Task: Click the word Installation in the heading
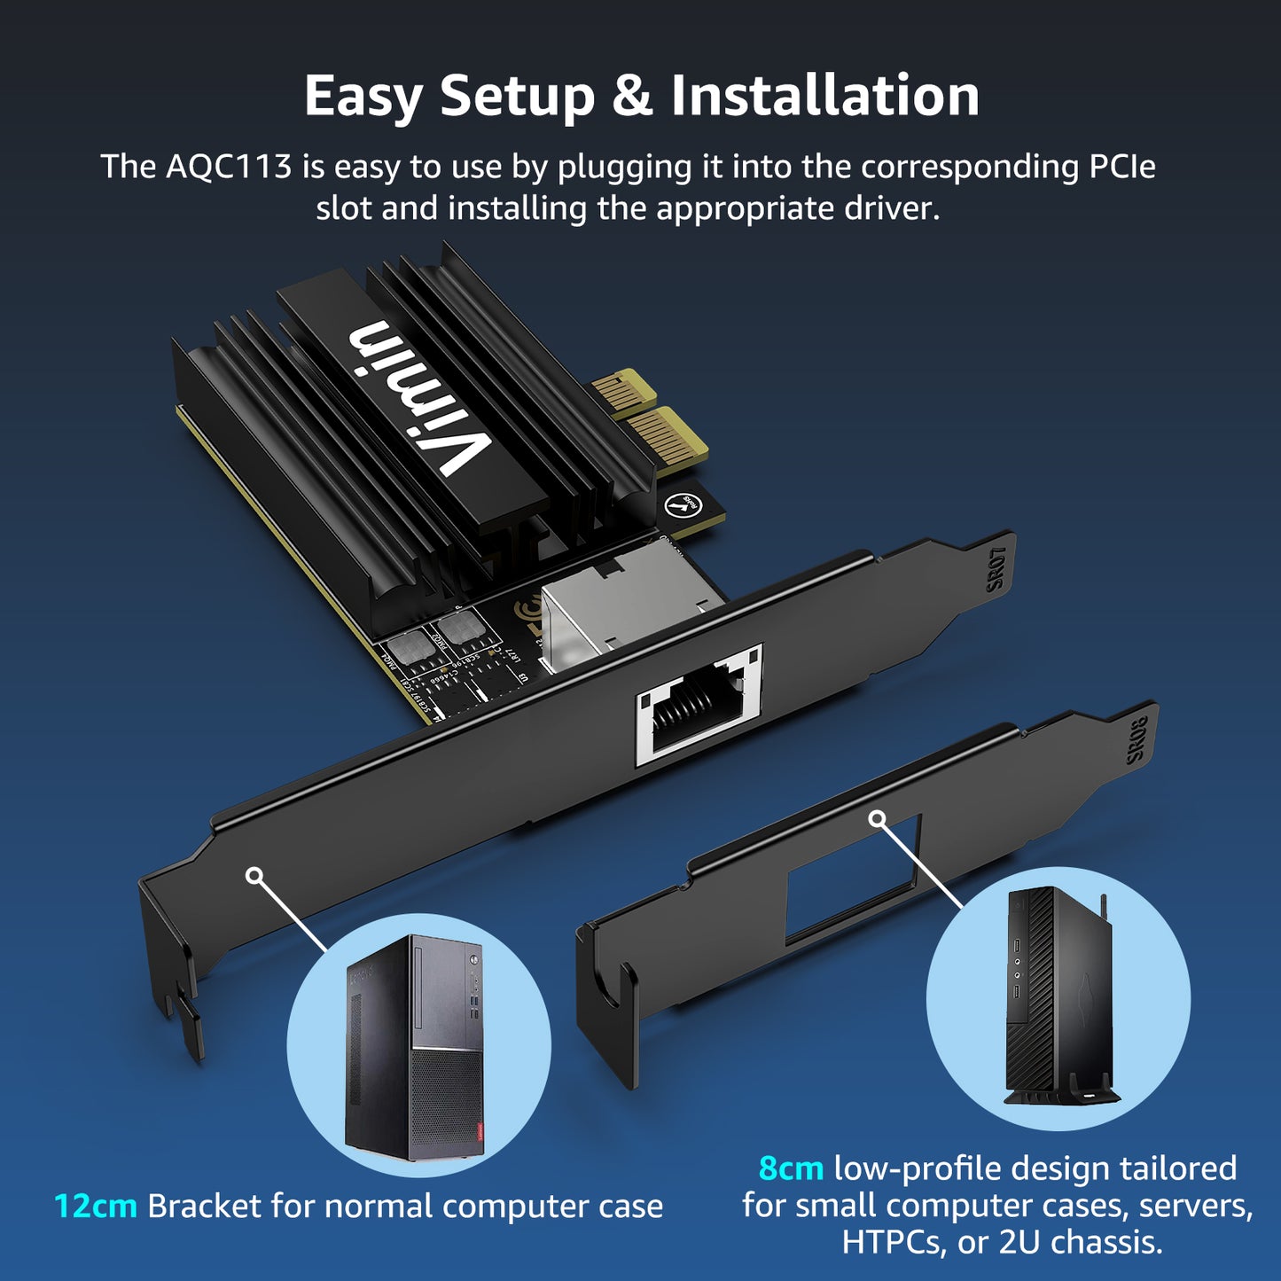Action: point(824,96)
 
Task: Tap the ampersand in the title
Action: point(631,96)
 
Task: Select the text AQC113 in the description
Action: point(228,167)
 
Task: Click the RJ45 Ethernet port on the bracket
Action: point(699,705)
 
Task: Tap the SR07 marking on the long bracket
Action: point(996,568)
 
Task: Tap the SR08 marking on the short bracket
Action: point(1136,739)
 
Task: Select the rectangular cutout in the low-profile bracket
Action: point(853,878)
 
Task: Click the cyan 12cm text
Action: point(95,1207)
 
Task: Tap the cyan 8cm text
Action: point(791,1168)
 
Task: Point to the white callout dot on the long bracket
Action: point(254,876)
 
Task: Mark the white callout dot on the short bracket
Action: point(877,818)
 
